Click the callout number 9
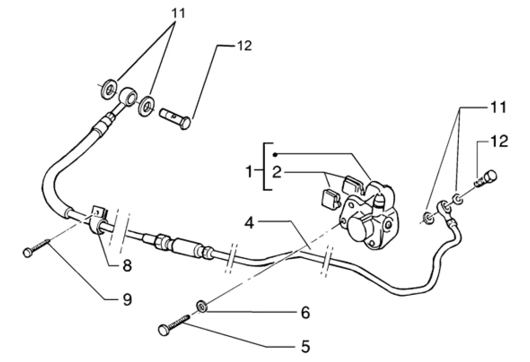coord(127,299)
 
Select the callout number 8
coord(127,266)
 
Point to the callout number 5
coord(305,347)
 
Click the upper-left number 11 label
coord(178,13)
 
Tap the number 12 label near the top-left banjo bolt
coord(244,46)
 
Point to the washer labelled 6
coord(202,306)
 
